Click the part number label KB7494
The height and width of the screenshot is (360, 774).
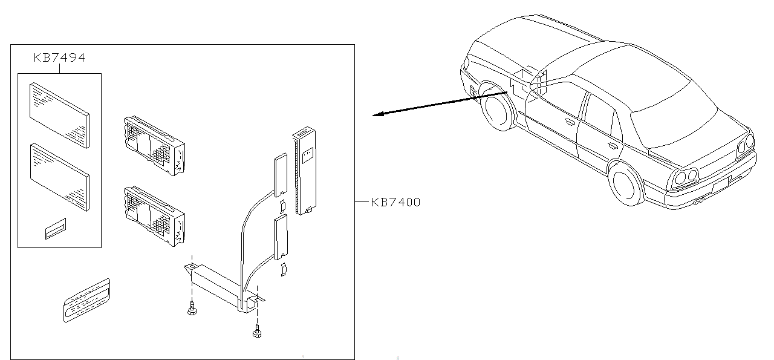tap(59, 57)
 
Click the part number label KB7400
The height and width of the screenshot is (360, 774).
tap(395, 202)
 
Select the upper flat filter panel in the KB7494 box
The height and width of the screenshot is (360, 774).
tap(59, 115)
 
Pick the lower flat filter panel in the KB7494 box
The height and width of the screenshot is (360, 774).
tap(59, 177)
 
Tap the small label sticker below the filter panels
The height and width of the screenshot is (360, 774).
tap(56, 229)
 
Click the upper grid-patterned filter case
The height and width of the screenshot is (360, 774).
tap(154, 146)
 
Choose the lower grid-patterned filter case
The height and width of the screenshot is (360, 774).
tap(154, 217)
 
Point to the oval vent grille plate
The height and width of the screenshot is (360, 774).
tap(86, 300)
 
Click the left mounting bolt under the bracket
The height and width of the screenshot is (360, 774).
tap(192, 309)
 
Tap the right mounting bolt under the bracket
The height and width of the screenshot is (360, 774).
tap(257, 331)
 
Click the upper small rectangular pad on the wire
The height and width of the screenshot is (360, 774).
tap(281, 175)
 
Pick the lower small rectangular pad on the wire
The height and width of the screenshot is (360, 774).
tap(281, 237)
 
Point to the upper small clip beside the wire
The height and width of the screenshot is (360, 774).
tap(283, 206)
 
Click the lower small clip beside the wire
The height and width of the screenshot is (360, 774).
tap(284, 269)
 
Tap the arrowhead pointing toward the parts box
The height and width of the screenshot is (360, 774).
tap(378, 114)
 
